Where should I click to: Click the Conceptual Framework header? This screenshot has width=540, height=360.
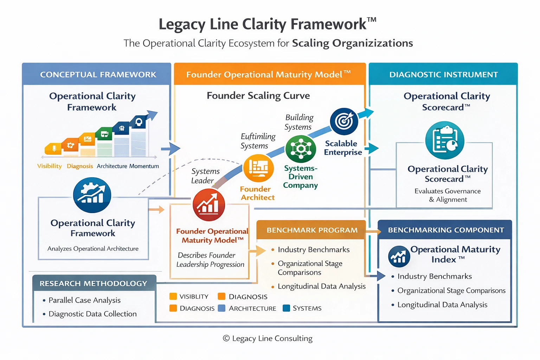pyautogui.click(x=98, y=75)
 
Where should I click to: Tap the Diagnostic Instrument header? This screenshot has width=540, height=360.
pyautogui.click(x=443, y=75)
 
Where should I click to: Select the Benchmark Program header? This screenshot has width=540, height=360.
pyautogui.click(x=312, y=230)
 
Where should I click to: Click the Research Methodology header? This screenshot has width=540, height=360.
pyautogui.click(x=93, y=283)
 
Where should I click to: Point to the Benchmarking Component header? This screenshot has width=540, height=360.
pyautogui.click(x=446, y=230)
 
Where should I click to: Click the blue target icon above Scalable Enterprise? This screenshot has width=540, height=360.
pyautogui.click(x=344, y=122)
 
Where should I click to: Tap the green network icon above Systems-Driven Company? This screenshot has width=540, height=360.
pyautogui.click(x=301, y=149)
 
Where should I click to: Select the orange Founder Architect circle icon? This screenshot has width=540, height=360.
pyautogui.click(x=258, y=168)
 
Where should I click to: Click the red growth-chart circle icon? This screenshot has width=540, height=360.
pyautogui.click(x=209, y=205)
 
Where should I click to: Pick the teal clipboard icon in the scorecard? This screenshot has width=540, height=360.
pyautogui.click(x=445, y=140)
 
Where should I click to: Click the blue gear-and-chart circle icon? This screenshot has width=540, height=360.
pyautogui.click(x=92, y=195)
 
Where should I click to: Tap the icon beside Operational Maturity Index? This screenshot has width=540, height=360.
pyautogui.click(x=399, y=257)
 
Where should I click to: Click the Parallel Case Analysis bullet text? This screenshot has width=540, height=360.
pyautogui.click(x=84, y=300)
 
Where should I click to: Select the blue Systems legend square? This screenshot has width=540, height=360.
pyautogui.click(x=286, y=308)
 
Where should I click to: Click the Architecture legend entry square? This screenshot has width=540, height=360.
pyautogui.click(x=221, y=308)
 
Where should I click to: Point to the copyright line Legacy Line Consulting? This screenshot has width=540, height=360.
pyautogui.click(x=268, y=338)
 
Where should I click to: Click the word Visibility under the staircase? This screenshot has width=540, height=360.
pyautogui.click(x=50, y=166)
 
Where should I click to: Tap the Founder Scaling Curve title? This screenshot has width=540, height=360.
pyautogui.click(x=258, y=96)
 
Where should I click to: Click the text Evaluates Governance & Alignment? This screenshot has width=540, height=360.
pyautogui.click(x=448, y=195)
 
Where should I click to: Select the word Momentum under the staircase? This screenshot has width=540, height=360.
pyautogui.click(x=144, y=166)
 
